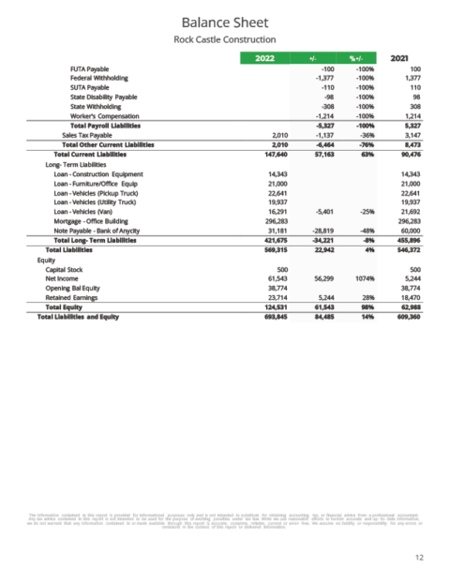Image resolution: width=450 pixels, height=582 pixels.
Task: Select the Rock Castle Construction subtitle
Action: [x=224, y=39]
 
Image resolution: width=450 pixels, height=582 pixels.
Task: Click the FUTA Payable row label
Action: [x=90, y=68]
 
